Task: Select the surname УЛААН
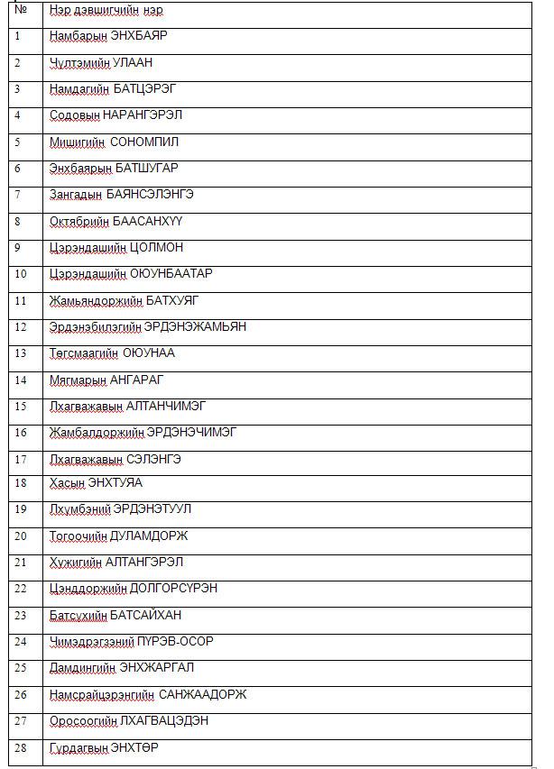tap(134, 63)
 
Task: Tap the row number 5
tap(17, 142)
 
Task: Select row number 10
tap(21, 274)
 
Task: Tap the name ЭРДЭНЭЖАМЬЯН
tap(195, 326)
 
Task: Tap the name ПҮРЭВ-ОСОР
tap(176, 642)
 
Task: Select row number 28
tap(21, 748)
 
